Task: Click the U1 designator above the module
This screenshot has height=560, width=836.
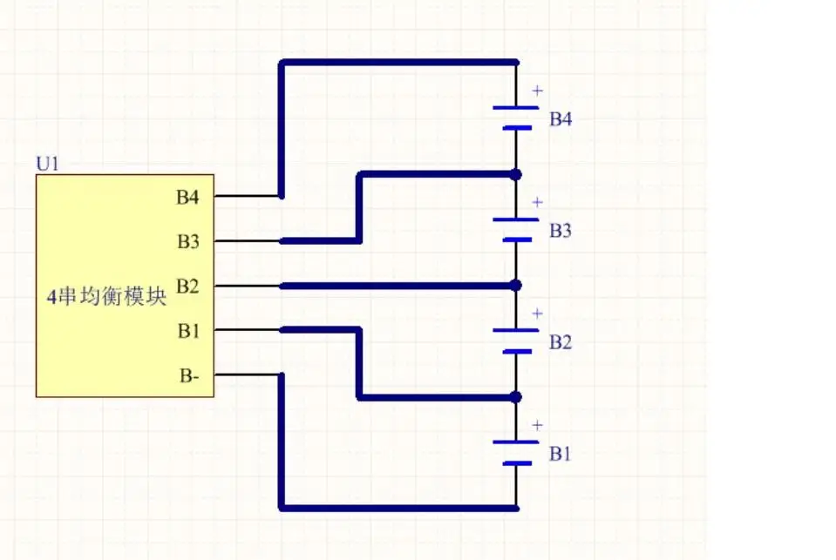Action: [x=47, y=164]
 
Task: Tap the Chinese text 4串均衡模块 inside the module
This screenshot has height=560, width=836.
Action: [x=106, y=296]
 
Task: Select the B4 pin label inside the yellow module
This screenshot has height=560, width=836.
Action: [x=187, y=197]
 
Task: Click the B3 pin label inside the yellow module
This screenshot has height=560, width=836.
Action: [x=188, y=241]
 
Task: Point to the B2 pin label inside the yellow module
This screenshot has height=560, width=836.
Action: [x=187, y=287]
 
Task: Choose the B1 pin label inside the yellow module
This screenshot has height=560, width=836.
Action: [x=188, y=331]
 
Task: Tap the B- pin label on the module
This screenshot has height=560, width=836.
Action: [x=189, y=375]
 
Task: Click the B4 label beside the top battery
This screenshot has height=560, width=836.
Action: [x=561, y=118]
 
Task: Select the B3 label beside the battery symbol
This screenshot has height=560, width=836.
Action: [x=561, y=230]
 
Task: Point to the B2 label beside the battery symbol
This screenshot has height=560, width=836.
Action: [x=561, y=342]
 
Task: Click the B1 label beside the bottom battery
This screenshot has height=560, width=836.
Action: [x=561, y=454]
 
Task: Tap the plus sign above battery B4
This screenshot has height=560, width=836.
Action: [x=537, y=91]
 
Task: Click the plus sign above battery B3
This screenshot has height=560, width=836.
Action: [x=537, y=202]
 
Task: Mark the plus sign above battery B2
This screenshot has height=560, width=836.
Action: [x=537, y=314]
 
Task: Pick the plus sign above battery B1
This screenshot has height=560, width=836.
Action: [x=537, y=425]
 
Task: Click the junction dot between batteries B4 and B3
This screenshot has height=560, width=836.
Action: [x=515, y=174]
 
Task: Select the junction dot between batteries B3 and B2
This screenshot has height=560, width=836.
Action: [x=515, y=286]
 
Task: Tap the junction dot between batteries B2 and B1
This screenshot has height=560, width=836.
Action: [x=515, y=397]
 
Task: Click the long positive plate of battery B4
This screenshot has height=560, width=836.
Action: [x=515, y=108]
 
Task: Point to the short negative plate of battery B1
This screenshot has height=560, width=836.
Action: [x=517, y=463]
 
